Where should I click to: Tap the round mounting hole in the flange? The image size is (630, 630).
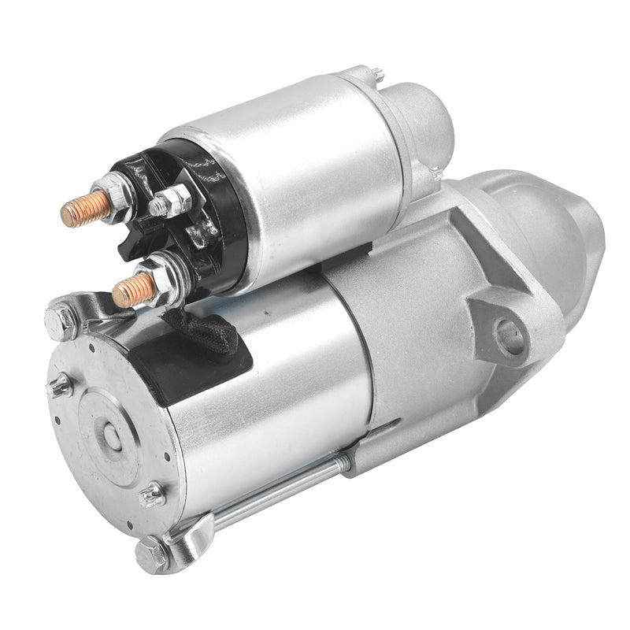[510, 335]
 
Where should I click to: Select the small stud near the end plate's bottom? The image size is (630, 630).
[151, 495]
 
